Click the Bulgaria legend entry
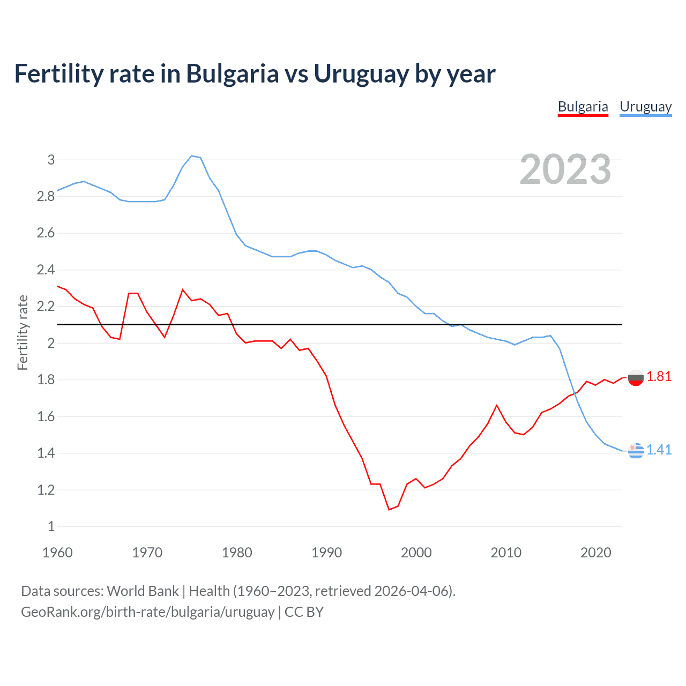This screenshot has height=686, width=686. (x=583, y=107)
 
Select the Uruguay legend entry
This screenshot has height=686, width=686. (x=645, y=107)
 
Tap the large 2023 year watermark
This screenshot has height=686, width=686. (x=565, y=169)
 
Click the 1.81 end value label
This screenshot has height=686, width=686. (x=659, y=377)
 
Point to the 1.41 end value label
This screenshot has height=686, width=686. (x=659, y=450)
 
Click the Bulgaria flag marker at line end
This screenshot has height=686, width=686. (x=636, y=378)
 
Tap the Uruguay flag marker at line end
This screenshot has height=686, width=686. (x=636, y=451)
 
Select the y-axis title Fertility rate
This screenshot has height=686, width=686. (x=23, y=332)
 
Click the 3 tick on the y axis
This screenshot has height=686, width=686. (x=51, y=160)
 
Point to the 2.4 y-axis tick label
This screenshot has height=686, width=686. (x=46, y=270)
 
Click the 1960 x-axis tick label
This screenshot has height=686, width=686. (x=57, y=553)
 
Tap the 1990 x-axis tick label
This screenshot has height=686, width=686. (x=326, y=553)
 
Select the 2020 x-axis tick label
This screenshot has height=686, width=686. (x=595, y=553)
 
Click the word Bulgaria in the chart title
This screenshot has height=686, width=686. (x=232, y=74)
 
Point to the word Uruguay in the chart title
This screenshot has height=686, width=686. (x=362, y=74)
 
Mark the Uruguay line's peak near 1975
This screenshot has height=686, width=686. (x=192, y=156)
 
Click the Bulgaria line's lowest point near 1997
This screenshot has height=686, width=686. (x=389, y=510)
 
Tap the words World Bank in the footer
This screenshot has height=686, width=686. (x=143, y=591)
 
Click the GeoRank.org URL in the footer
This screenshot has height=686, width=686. (x=147, y=612)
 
